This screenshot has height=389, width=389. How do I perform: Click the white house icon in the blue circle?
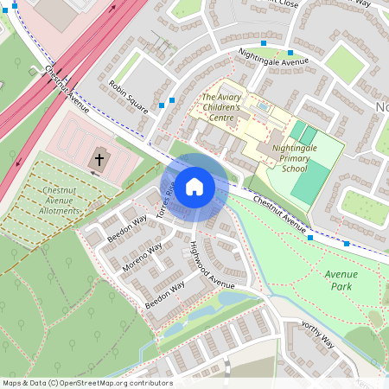click(194, 187)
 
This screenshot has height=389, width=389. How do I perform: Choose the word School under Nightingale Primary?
click(294, 169)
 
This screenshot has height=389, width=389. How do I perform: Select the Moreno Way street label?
click(143, 258)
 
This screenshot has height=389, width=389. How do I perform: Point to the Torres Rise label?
click(165, 200)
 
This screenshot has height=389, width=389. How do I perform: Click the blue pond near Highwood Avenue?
click(232, 299)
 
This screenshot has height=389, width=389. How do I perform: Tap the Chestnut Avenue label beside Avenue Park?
click(281, 215)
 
